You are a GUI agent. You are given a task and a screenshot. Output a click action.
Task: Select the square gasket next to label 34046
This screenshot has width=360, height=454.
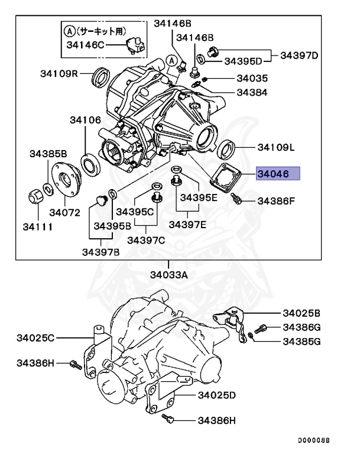(x=228, y=176)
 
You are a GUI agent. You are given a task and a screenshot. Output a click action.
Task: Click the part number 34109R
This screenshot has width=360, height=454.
(x=60, y=74)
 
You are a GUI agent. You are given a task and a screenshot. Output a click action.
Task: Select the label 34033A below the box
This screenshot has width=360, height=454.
(x=168, y=274)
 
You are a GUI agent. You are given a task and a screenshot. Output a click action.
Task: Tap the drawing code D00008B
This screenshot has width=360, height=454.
(x=313, y=441)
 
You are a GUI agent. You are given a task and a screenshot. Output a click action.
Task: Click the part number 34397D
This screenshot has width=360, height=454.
(x=299, y=56)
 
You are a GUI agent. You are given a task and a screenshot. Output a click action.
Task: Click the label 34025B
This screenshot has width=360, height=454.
(x=301, y=313)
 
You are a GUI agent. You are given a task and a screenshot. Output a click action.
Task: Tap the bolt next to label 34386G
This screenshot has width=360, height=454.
(x=261, y=328)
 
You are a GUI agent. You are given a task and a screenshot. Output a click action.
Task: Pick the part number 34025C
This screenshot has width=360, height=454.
(x=35, y=338)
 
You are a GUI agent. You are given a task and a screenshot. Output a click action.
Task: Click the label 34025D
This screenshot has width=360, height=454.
(x=217, y=394)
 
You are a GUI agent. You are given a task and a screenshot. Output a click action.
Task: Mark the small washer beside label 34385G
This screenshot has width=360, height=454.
(x=252, y=337)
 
